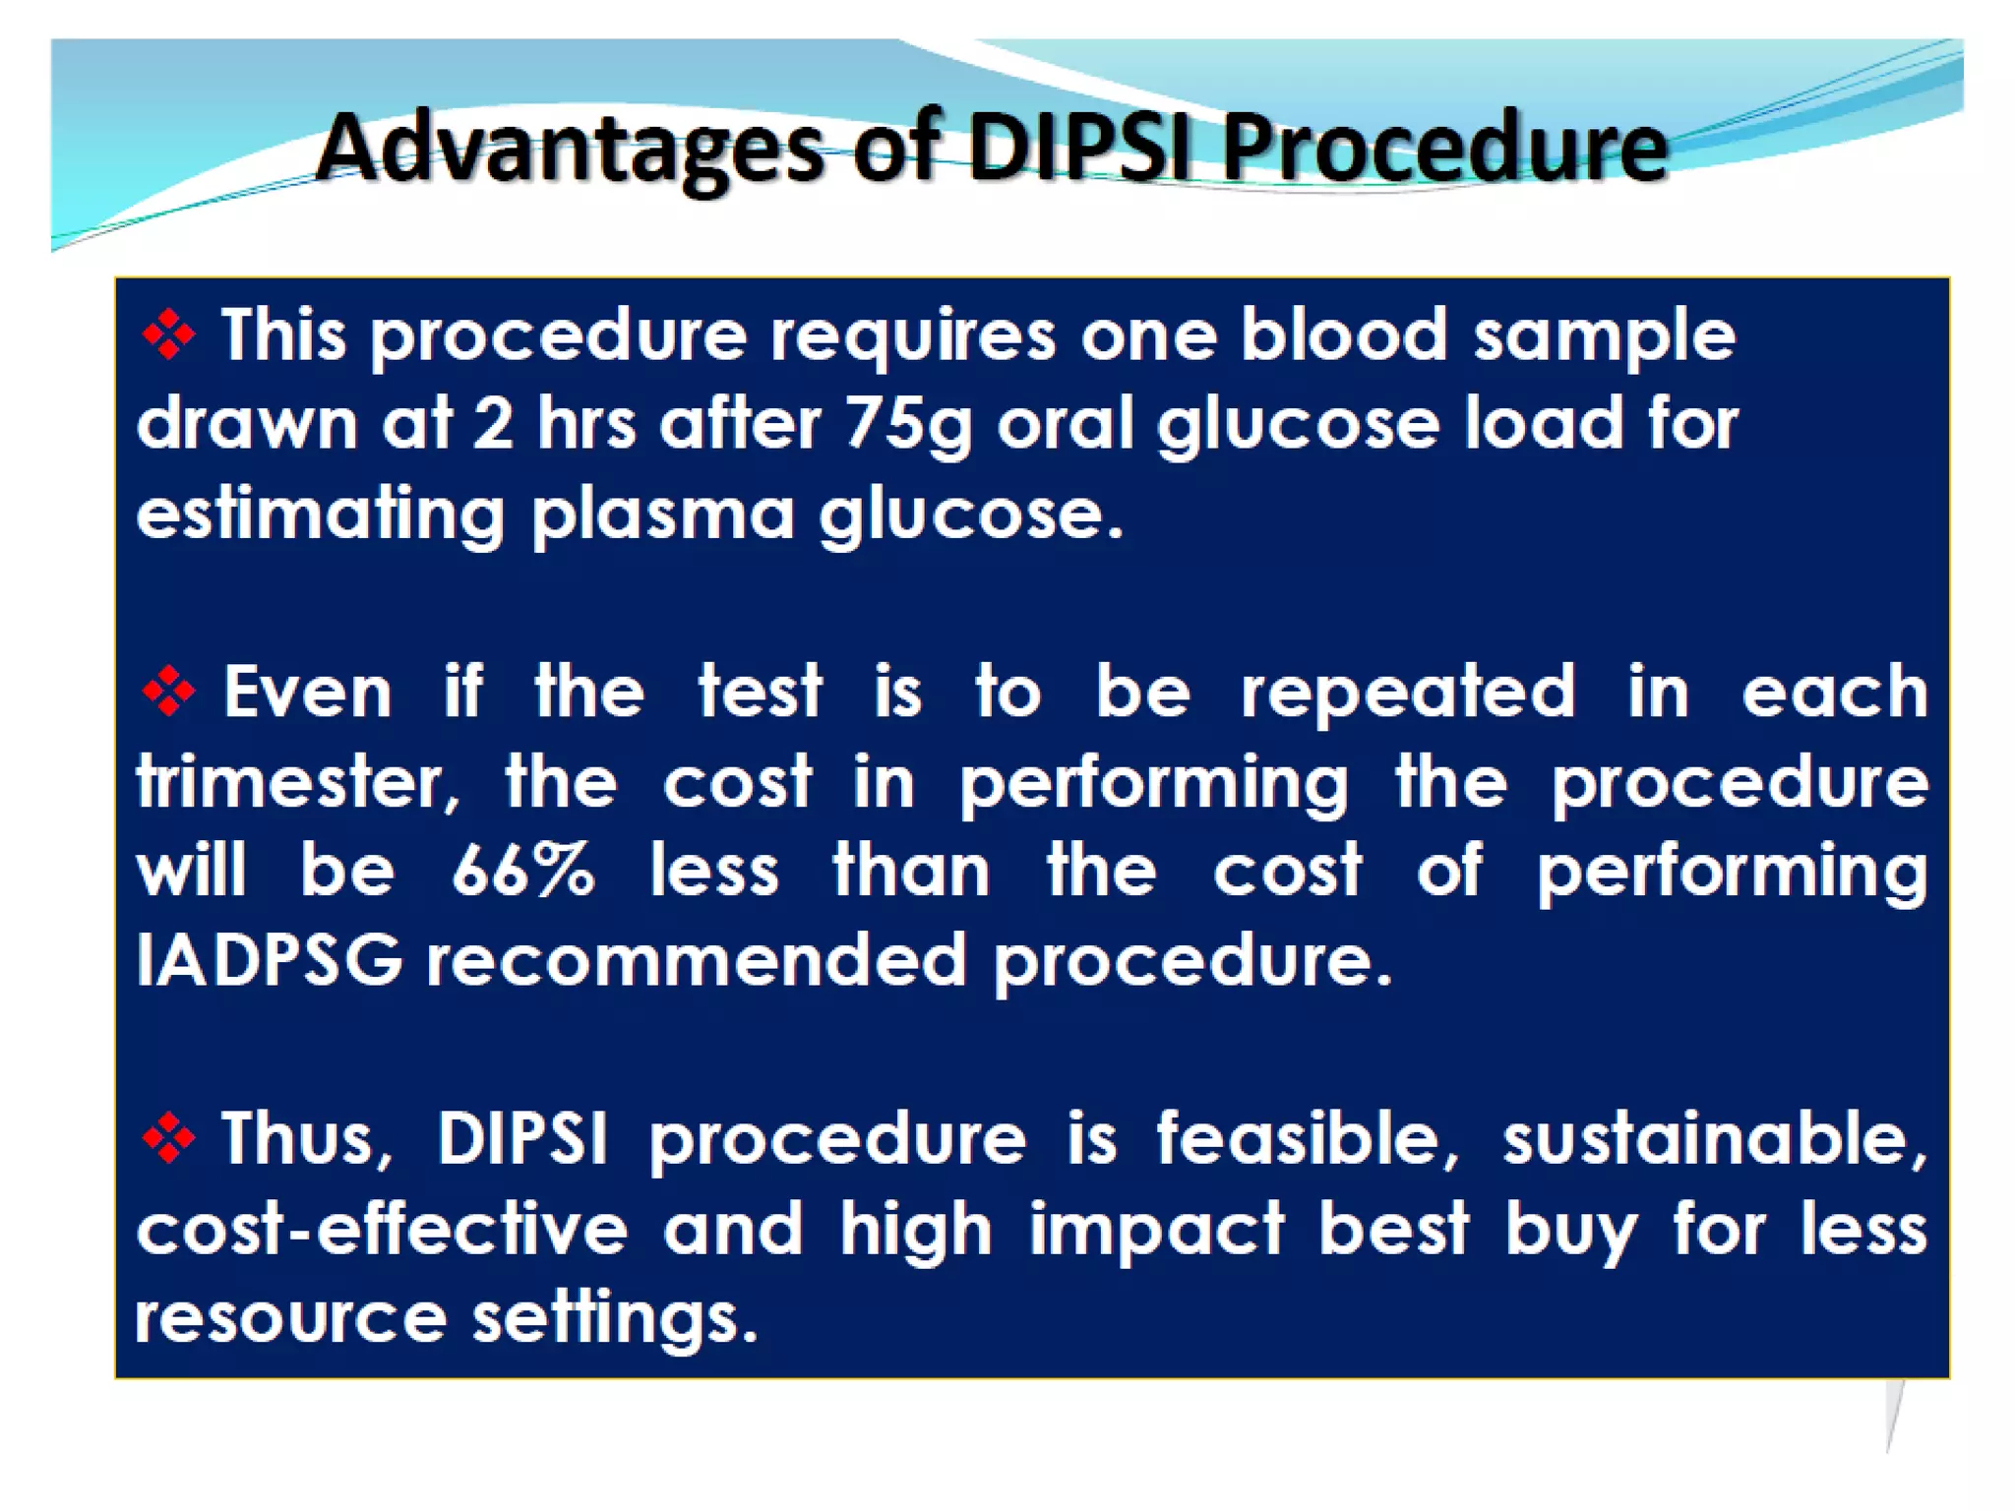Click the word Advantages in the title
click(569, 150)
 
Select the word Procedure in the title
click(1444, 150)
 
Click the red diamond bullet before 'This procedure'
click(168, 335)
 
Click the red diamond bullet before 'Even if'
click(168, 692)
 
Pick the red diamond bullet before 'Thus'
click(168, 1138)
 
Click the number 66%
click(523, 871)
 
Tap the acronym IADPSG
click(270, 960)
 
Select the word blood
click(1343, 335)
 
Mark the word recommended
click(697, 960)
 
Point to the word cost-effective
click(382, 1230)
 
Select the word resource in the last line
click(291, 1318)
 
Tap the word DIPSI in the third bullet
click(521, 1138)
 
